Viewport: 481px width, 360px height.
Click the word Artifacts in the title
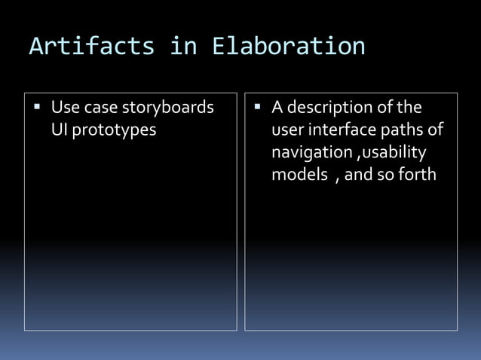[x=91, y=47]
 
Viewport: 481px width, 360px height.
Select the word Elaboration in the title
[x=288, y=47]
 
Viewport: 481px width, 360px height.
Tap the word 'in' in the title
[x=183, y=47]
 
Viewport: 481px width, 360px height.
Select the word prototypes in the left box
[x=115, y=130]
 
